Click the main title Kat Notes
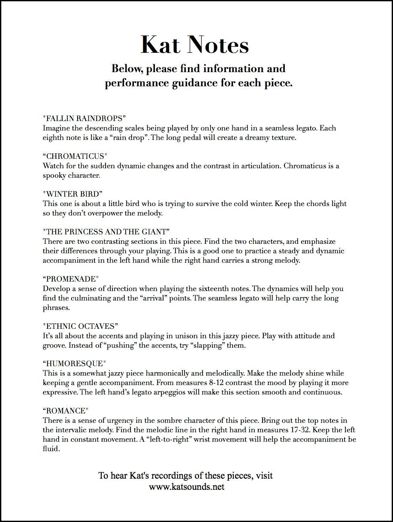click(x=195, y=45)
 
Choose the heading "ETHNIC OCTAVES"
click(x=80, y=326)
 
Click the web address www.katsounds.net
click(x=187, y=487)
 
